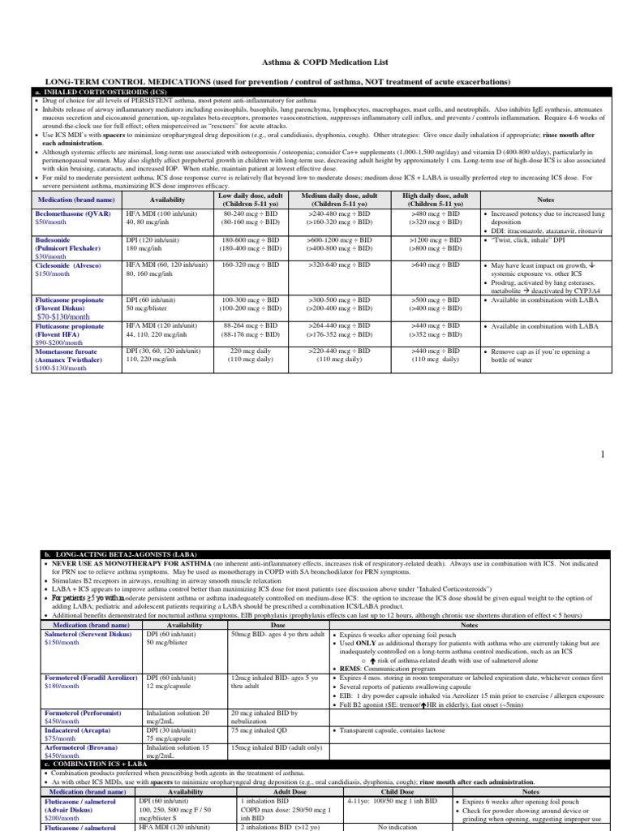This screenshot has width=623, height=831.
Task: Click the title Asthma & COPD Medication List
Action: (x=311, y=62)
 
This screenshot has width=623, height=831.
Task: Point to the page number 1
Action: (x=603, y=454)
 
